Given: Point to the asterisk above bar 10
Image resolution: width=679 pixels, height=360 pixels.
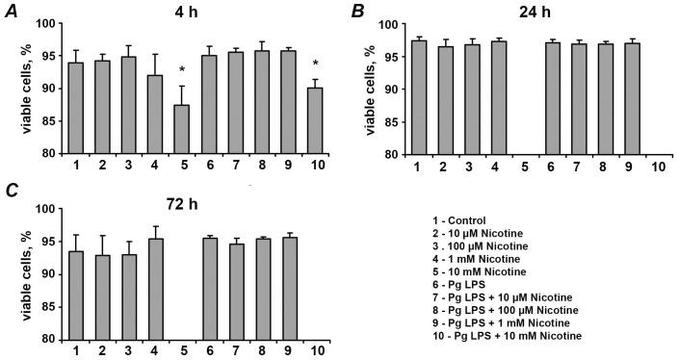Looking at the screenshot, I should pos(315,64).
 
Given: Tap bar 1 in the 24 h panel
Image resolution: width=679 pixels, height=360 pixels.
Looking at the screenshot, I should pos(418,97).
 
